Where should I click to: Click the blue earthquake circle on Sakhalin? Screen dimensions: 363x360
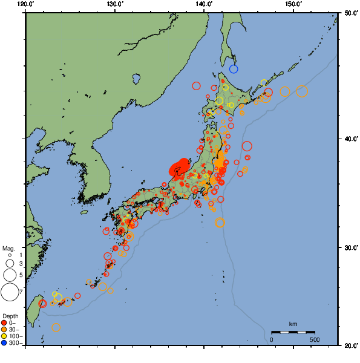pyautogui.click(x=234, y=69)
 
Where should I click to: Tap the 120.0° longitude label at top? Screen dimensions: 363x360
pyautogui.click(x=26, y=4)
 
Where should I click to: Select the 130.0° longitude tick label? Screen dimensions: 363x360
pyautogui.click(x=115, y=4)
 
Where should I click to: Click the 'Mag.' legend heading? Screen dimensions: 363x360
pyautogui.click(x=8, y=248)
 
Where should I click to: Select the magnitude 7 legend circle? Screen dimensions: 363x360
pyautogui.click(x=10, y=292)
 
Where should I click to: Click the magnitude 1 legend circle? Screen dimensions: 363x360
pyautogui.click(x=10, y=255)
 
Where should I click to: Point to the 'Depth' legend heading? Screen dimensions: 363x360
pyautogui.click(x=10, y=316)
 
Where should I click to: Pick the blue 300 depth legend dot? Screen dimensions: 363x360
pyautogui.click(x=4, y=343)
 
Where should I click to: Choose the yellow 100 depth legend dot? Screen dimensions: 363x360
pyautogui.click(x=4, y=336)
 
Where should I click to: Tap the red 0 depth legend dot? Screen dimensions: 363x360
pyautogui.click(x=4, y=322)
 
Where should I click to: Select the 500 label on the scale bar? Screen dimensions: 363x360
pyautogui.click(x=315, y=339)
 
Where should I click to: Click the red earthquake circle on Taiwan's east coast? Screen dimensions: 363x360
pyautogui.click(x=42, y=304)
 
